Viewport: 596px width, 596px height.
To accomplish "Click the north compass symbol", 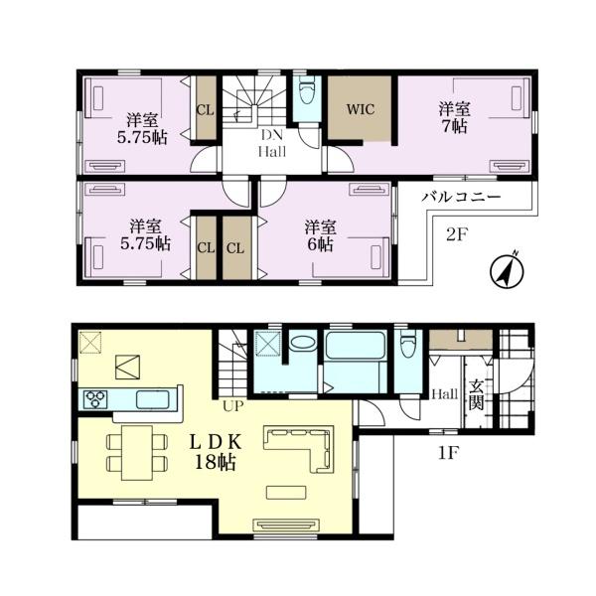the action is click(507, 270).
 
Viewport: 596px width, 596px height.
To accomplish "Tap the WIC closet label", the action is click(361, 109).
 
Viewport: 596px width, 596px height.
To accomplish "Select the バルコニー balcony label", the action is click(461, 197).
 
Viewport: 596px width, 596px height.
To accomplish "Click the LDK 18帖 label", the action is click(216, 452).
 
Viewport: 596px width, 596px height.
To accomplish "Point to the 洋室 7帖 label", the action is click(455, 117).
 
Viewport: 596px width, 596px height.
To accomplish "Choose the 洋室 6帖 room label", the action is click(321, 235).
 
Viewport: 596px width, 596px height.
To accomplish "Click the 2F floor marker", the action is click(456, 235).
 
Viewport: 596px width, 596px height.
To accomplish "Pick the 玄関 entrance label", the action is click(476, 395).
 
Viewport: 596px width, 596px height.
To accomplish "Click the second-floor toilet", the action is click(307, 91).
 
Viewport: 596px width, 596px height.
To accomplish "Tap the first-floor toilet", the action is click(408, 345).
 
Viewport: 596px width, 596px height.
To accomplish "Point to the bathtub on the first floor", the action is click(355, 345).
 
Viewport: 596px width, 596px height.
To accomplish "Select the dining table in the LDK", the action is click(137, 453).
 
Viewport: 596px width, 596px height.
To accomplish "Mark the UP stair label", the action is click(233, 406).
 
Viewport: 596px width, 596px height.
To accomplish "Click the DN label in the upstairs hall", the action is click(272, 135).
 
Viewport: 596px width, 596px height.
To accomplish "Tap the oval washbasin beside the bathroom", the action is click(303, 342).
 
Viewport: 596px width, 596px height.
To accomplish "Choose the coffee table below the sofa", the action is click(286, 493).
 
